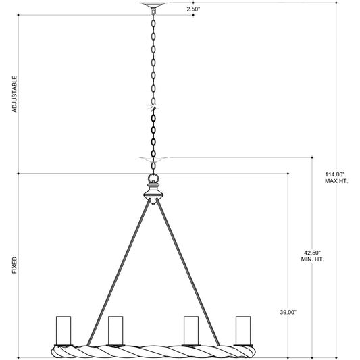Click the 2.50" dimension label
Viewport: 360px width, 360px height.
pos(193,9)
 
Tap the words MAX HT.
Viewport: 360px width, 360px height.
pos(336,181)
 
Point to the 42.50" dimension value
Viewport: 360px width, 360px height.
pos(312,253)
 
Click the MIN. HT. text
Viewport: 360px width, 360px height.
pos(312,259)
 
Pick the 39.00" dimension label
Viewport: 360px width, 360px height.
pos(288,312)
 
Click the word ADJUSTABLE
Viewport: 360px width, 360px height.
pos(14,94)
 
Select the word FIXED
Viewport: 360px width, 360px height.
pos(14,265)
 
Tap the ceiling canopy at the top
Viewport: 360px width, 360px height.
pos(153,5)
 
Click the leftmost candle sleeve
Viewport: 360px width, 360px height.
pos(63,330)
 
